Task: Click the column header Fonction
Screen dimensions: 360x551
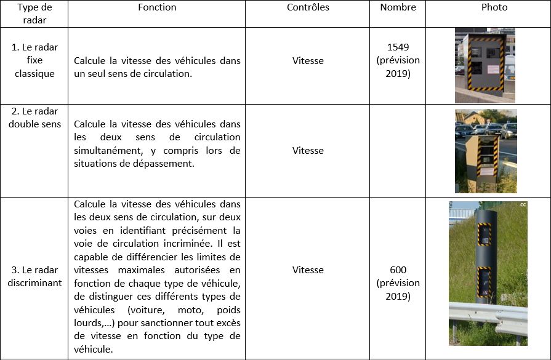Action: [157, 7]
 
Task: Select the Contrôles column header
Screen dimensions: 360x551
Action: [308, 7]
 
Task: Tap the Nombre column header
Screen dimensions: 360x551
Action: [398, 7]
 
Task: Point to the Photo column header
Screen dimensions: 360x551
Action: [494, 7]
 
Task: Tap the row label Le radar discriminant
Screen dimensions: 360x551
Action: [34, 276]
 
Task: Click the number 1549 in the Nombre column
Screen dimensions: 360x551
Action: [398, 47]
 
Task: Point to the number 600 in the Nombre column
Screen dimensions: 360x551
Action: [398, 270]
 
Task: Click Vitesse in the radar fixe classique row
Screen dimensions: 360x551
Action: [308, 60]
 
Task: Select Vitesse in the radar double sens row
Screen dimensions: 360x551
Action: [308, 150]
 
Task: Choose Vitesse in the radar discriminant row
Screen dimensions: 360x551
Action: [308, 270]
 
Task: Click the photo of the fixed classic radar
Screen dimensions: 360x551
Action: [485, 65]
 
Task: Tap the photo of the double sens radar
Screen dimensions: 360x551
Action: [486, 151]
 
